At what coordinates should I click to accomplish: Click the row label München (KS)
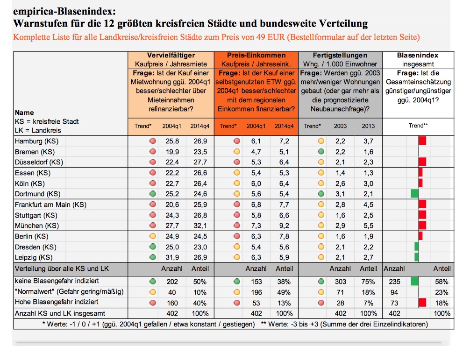tap(37, 226)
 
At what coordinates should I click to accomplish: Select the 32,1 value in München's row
tap(200, 226)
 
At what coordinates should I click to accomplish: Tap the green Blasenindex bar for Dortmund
tap(414, 194)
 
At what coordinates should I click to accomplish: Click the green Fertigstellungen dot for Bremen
tap(321, 152)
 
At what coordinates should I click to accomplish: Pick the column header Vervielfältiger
tap(171, 55)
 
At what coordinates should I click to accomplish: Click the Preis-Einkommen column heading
tap(256, 55)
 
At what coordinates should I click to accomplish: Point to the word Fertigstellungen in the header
tap(340, 55)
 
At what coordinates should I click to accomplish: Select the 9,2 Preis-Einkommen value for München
tap(284, 226)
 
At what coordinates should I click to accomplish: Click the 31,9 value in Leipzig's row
tap(172, 258)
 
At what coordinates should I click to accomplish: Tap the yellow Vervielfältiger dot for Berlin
tap(153, 236)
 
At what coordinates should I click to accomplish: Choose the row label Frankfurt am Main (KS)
tap(50, 205)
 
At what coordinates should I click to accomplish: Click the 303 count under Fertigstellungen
tap(341, 282)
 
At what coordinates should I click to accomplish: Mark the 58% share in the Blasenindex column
tap(442, 282)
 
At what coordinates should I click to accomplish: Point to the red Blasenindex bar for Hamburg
tap(422, 141)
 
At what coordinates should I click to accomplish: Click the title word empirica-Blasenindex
tap(64, 12)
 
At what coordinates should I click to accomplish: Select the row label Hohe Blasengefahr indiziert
tap(57, 302)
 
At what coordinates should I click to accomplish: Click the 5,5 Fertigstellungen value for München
tap(368, 226)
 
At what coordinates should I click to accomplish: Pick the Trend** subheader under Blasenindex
tap(418, 126)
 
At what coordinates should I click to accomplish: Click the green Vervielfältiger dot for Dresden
tap(153, 247)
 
